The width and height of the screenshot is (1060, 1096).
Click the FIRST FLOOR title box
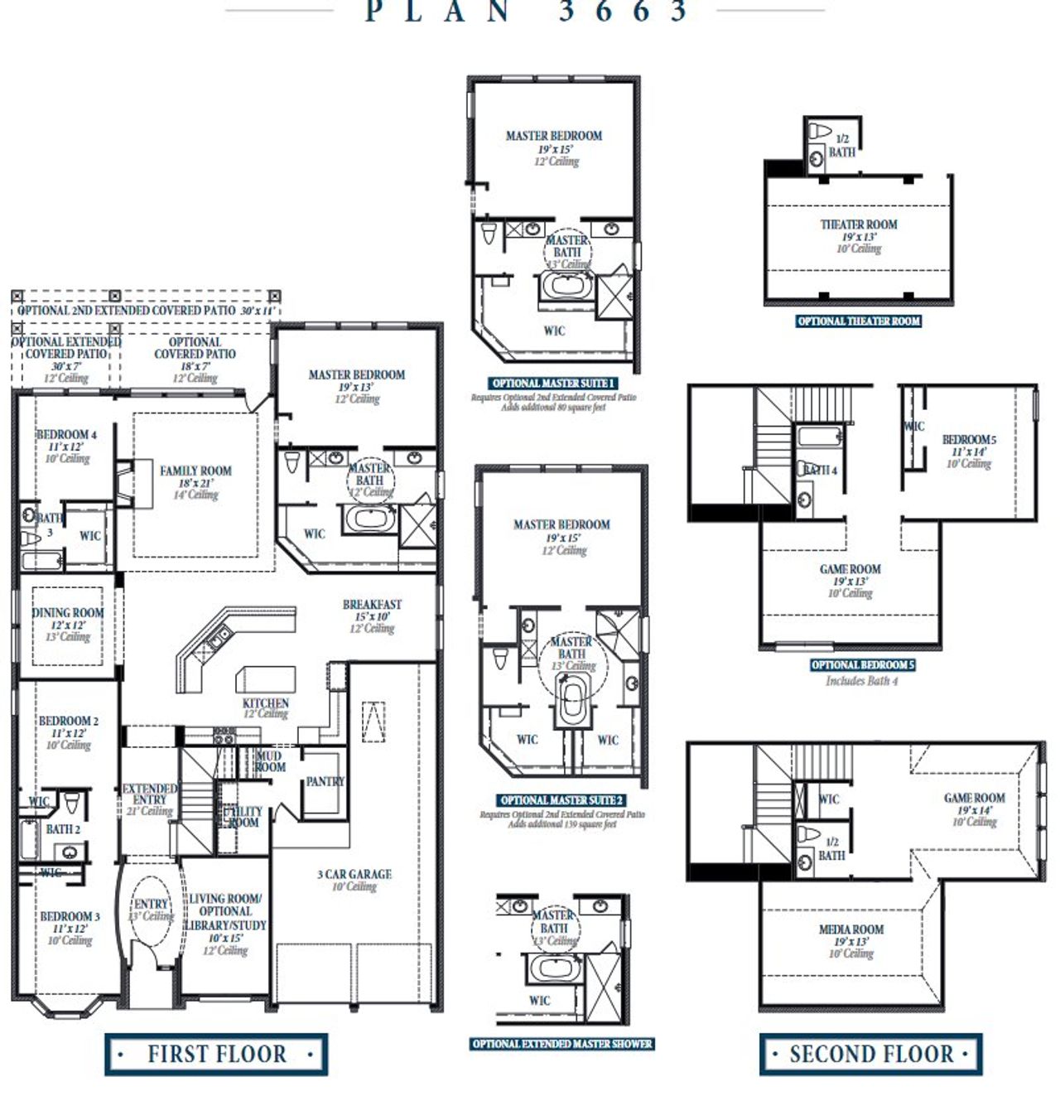point(216,1054)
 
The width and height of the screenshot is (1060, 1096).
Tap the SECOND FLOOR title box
point(870,1054)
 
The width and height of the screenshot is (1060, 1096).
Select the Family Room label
point(195,471)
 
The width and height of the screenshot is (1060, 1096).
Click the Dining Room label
point(68,613)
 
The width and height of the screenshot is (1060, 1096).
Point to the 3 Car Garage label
point(354,874)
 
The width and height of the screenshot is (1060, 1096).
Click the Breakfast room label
point(372,605)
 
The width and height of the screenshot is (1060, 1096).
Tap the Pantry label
point(325,781)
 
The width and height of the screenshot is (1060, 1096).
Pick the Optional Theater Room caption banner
point(859,321)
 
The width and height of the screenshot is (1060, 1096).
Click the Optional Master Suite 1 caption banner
point(553,384)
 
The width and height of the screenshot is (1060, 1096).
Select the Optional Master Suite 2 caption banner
point(561,800)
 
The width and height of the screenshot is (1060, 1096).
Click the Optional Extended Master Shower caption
point(562,1044)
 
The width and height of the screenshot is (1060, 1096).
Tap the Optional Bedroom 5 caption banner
point(863,665)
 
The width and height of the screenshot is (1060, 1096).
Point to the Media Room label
point(851,929)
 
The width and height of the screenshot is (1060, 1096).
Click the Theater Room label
point(859,225)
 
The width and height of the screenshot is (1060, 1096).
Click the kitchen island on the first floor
point(265,679)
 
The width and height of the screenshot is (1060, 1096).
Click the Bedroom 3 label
point(70,916)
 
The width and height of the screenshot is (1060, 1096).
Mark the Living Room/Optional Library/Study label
point(225,911)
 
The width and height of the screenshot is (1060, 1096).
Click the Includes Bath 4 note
point(861,681)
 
